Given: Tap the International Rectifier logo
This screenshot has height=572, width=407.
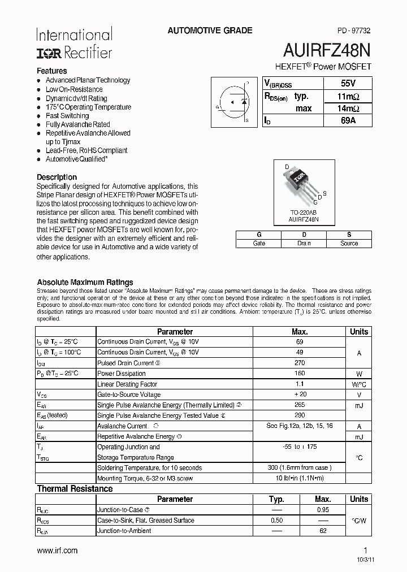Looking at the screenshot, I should point(74,44).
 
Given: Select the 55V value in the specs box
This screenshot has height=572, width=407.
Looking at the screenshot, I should point(347,83).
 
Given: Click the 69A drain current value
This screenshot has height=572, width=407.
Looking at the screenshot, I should point(347,120).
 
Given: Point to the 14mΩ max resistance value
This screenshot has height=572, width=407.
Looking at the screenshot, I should point(347,108).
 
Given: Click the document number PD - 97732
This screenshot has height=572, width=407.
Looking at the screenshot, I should point(350,31).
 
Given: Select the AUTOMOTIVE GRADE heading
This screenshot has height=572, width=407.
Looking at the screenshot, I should point(210,31).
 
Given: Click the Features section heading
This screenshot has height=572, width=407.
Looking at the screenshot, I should point(52,71).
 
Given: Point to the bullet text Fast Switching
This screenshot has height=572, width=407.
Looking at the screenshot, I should point(67,116).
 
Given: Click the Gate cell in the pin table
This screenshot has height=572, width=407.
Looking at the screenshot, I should point(259,243).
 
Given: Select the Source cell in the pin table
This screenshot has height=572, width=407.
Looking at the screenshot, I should point(349,243).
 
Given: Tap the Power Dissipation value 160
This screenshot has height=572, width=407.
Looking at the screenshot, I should point(300,374).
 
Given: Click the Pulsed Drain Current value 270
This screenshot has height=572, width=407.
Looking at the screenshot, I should point(300,363).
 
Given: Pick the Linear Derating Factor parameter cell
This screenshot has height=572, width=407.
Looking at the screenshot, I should point(127,384).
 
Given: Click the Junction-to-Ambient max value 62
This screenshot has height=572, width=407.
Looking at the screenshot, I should point(323,531).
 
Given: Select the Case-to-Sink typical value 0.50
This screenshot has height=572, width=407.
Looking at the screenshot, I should point(276,520).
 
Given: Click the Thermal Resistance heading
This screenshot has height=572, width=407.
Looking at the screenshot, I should point(75,488).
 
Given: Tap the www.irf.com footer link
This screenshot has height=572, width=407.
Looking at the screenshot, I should point(57,551).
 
